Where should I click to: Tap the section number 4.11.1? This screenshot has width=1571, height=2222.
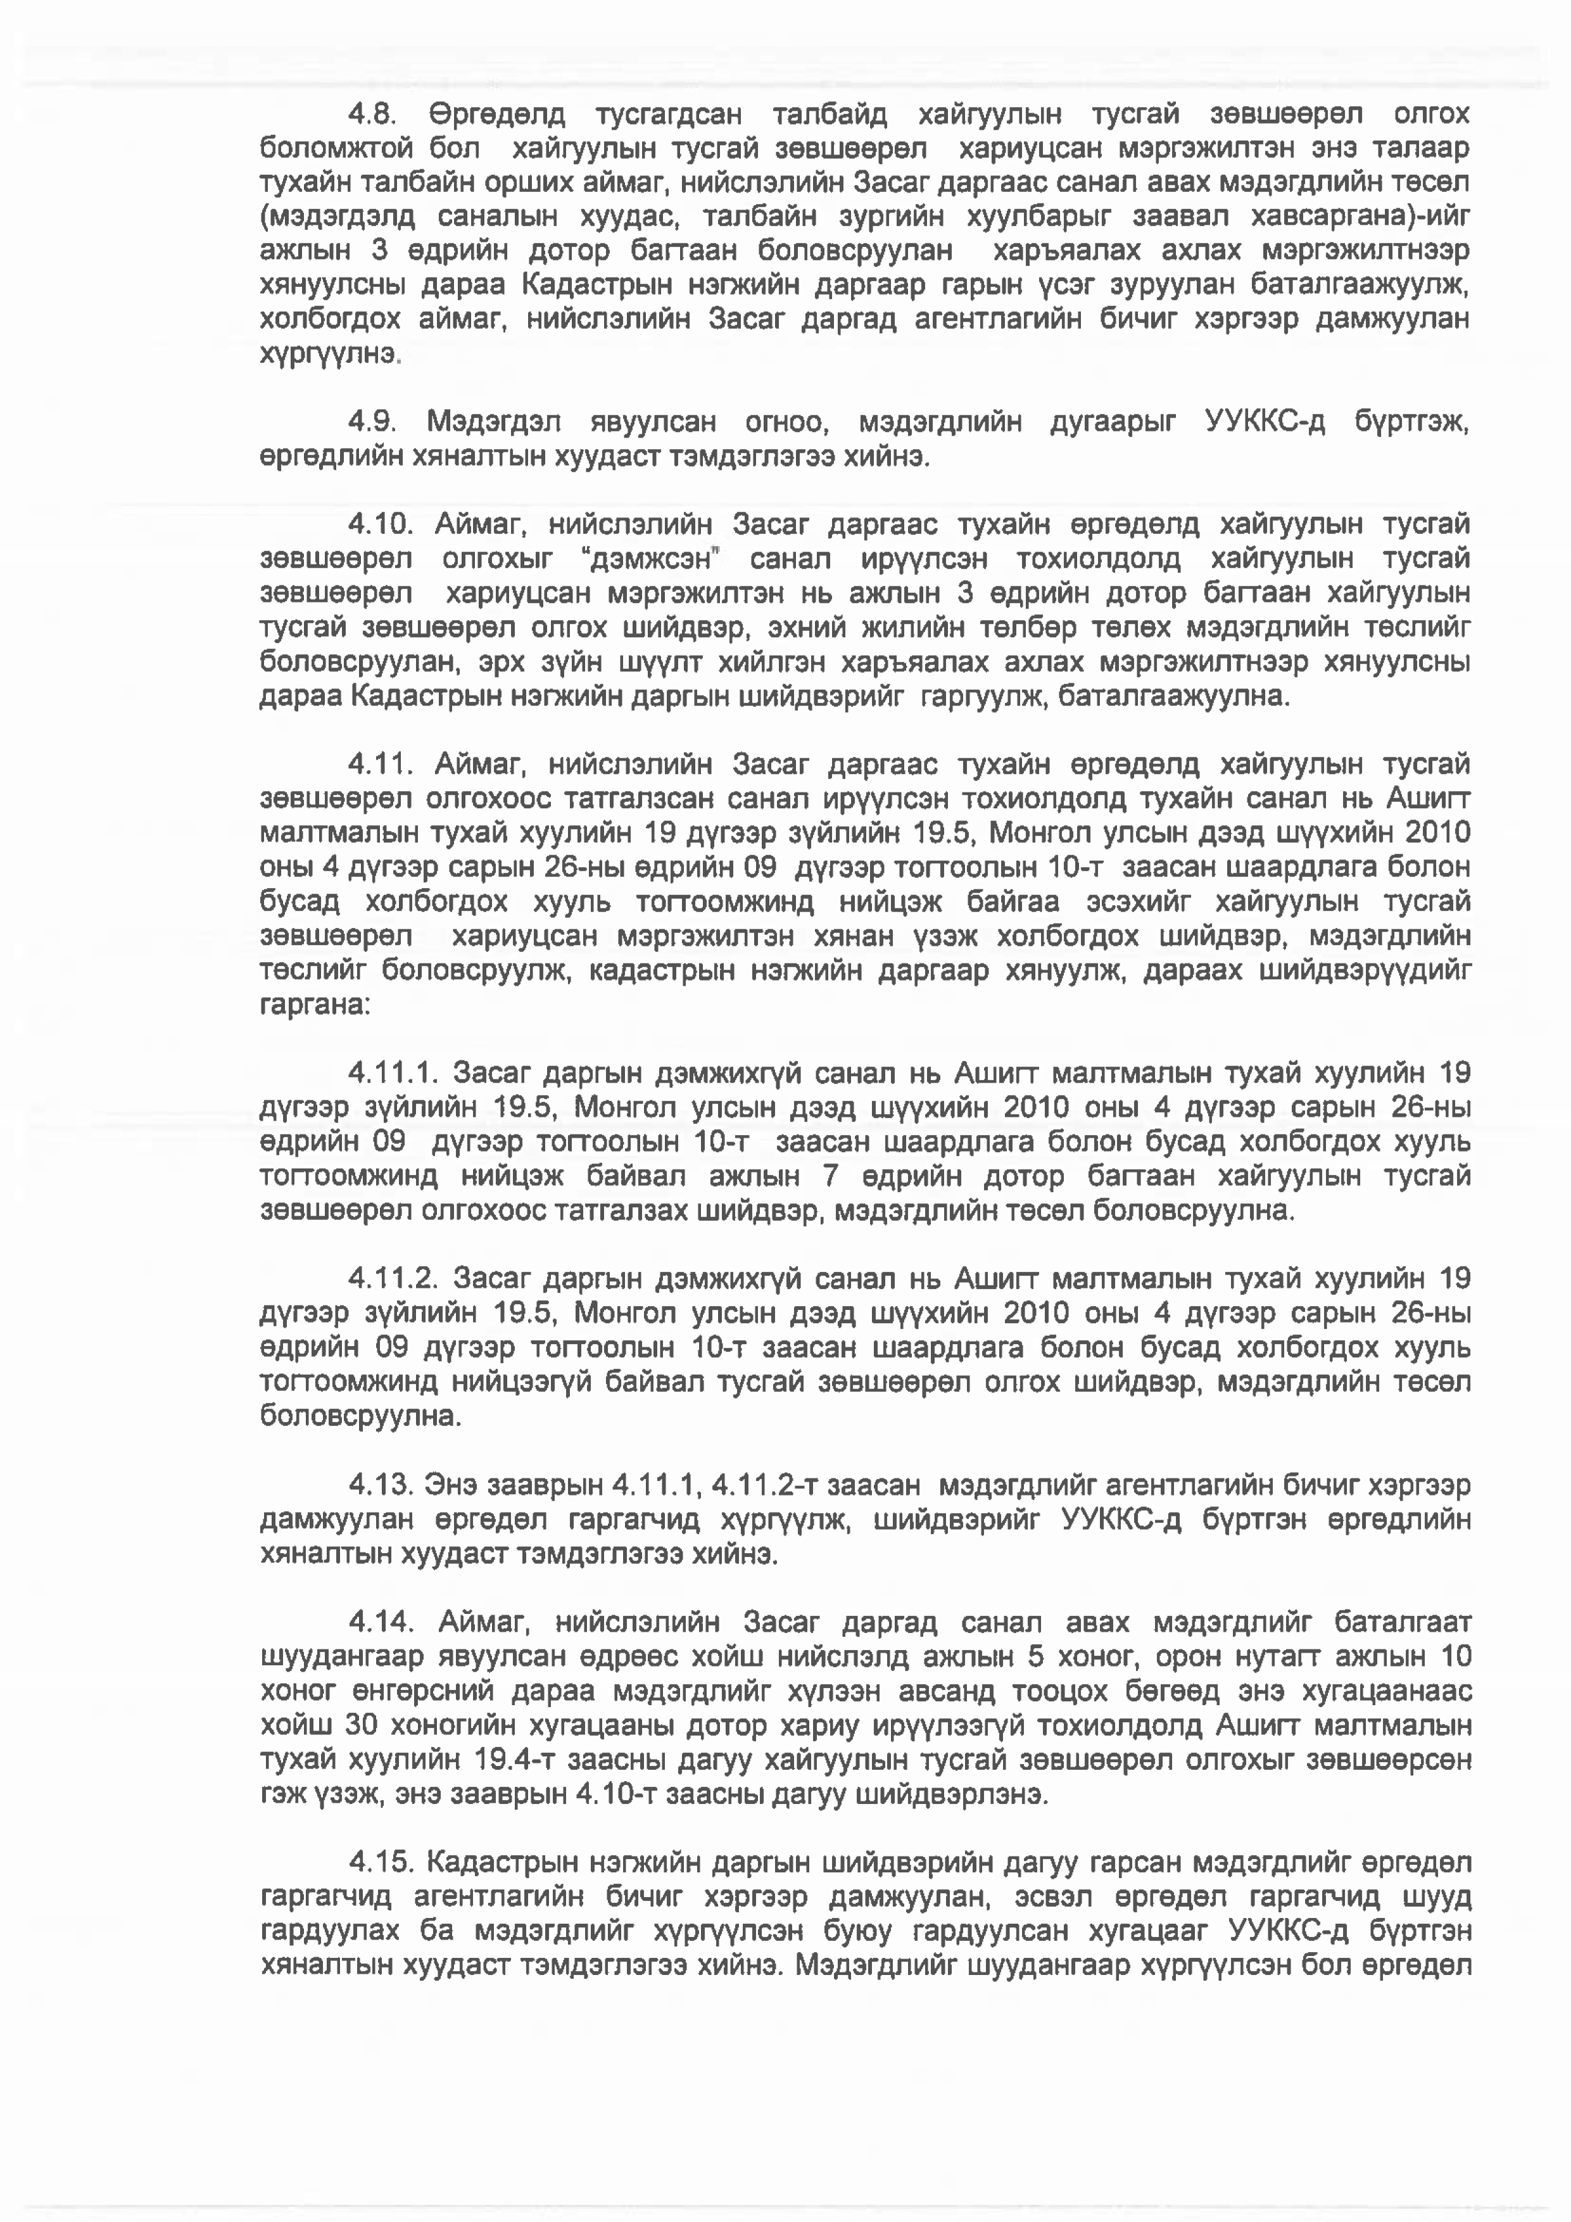pyautogui.click(x=394, y=1073)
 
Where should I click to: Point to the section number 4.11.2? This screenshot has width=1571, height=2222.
pyautogui.click(x=394, y=1278)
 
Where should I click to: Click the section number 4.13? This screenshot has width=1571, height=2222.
pyautogui.click(x=381, y=1485)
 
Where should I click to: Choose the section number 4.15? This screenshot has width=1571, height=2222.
pyautogui.click(x=381, y=1862)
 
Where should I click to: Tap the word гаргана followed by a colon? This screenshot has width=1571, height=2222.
pyautogui.click(x=315, y=1005)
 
